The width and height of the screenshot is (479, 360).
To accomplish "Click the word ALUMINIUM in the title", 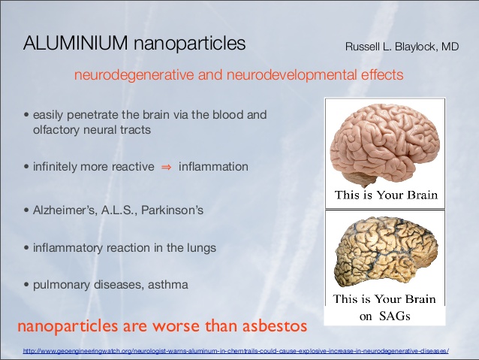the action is (76, 43).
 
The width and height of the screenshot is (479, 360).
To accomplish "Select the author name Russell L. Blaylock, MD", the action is (402, 47).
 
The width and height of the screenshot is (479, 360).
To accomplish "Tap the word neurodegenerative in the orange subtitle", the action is (134, 75).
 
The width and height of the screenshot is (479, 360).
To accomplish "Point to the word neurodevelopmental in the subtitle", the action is (291, 75).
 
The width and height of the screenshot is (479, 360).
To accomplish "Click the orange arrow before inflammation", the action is (167, 167).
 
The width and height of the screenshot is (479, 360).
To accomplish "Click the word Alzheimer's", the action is (64, 210).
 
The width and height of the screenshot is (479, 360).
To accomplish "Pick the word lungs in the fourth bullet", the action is (201, 248).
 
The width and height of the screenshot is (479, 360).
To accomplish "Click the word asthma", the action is (168, 285).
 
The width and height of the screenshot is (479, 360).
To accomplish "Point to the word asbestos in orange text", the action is (275, 325).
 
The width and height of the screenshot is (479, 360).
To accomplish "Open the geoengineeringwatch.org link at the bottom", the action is (236, 351).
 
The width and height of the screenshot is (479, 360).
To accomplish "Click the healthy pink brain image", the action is (387, 144).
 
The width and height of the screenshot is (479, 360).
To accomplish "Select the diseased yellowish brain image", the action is (387, 252).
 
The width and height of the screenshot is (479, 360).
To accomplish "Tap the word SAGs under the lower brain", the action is (395, 316).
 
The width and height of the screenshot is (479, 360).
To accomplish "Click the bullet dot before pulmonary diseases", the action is (26, 285).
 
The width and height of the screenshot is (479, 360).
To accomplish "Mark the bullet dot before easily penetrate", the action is (26, 115).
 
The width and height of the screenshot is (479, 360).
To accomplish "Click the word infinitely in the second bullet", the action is (55, 167).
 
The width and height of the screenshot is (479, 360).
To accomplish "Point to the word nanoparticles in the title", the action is (189, 44).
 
